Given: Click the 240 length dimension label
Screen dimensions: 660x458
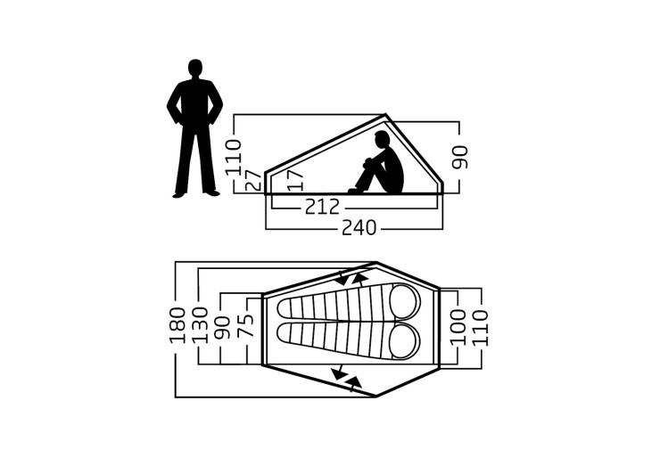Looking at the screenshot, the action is [x=359, y=228].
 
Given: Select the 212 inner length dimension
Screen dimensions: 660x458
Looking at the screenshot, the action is [x=322, y=207].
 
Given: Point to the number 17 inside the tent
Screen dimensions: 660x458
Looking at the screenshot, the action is [x=295, y=180].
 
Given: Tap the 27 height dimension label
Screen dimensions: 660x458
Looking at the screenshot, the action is [x=253, y=181].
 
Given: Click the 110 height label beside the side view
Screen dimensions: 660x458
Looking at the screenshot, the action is [x=234, y=158].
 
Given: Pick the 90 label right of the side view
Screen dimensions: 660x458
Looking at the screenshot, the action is [x=459, y=158].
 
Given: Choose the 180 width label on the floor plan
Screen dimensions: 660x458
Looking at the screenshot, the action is [x=177, y=325].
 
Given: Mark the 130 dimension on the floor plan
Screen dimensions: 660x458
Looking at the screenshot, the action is [x=201, y=325].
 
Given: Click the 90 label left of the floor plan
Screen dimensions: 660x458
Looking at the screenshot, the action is [x=222, y=328].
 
